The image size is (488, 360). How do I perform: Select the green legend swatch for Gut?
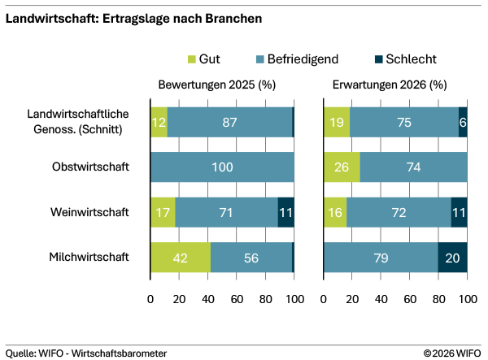coord(192,59)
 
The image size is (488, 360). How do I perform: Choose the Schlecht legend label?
coord(410,59)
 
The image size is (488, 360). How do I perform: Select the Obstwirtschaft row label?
coord(90,167)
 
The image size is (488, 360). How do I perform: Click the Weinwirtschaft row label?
coord(90,212)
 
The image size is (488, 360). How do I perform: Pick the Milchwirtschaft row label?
coord(90,257)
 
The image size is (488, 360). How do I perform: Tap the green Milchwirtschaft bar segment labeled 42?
coord(181,257)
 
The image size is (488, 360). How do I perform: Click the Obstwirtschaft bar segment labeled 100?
coord(222,167)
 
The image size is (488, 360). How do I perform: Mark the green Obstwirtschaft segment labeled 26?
coord(342,167)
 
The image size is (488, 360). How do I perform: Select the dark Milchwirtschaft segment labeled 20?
coord(453,257)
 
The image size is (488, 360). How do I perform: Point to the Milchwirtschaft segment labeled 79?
coord(381,257)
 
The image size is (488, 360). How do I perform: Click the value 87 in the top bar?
coord(229,122)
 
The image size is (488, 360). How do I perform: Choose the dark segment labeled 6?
coord(463,122)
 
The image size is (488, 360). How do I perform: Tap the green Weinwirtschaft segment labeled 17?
coord(163,212)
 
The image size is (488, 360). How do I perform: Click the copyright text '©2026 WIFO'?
coord(452,353)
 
